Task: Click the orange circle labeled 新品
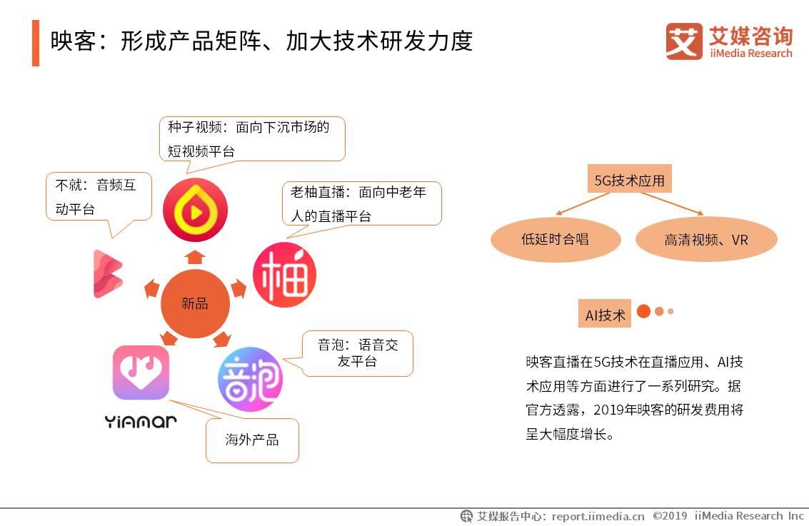click(x=195, y=304)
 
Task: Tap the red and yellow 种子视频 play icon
click(x=195, y=211)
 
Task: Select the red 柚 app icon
click(x=284, y=275)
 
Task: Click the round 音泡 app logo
click(x=250, y=379)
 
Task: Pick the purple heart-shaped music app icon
click(x=141, y=373)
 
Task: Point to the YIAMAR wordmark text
click(x=141, y=421)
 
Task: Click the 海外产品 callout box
click(x=252, y=440)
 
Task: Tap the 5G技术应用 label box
click(x=629, y=181)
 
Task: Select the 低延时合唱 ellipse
click(x=555, y=240)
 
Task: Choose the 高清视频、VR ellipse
click(x=705, y=240)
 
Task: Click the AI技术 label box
click(x=605, y=315)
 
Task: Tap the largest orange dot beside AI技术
click(x=643, y=311)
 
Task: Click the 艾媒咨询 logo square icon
click(x=684, y=41)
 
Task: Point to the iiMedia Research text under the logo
click(x=750, y=54)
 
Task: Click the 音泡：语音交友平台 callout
click(x=358, y=353)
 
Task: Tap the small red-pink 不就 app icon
click(x=108, y=273)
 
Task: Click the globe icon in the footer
click(x=466, y=516)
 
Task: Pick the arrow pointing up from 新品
click(x=195, y=256)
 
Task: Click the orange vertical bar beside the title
click(x=36, y=43)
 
